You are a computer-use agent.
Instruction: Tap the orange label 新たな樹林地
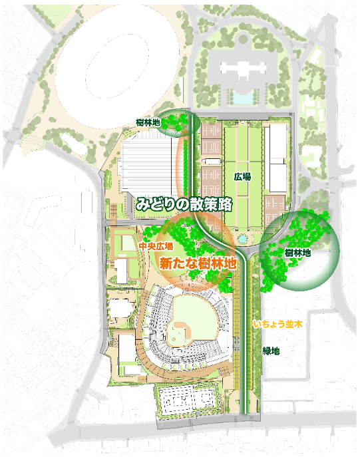(x=198, y=263)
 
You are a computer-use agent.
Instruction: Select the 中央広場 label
(x=152, y=245)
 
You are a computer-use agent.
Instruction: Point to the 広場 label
(x=242, y=178)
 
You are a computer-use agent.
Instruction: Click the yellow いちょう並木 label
(x=277, y=325)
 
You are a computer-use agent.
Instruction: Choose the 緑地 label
(x=271, y=351)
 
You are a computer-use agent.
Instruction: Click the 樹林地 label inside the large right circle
(x=298, y=253)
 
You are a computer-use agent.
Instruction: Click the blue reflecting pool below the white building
(x=244, y=97)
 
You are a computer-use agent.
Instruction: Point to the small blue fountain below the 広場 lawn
(x=242, y=237)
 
